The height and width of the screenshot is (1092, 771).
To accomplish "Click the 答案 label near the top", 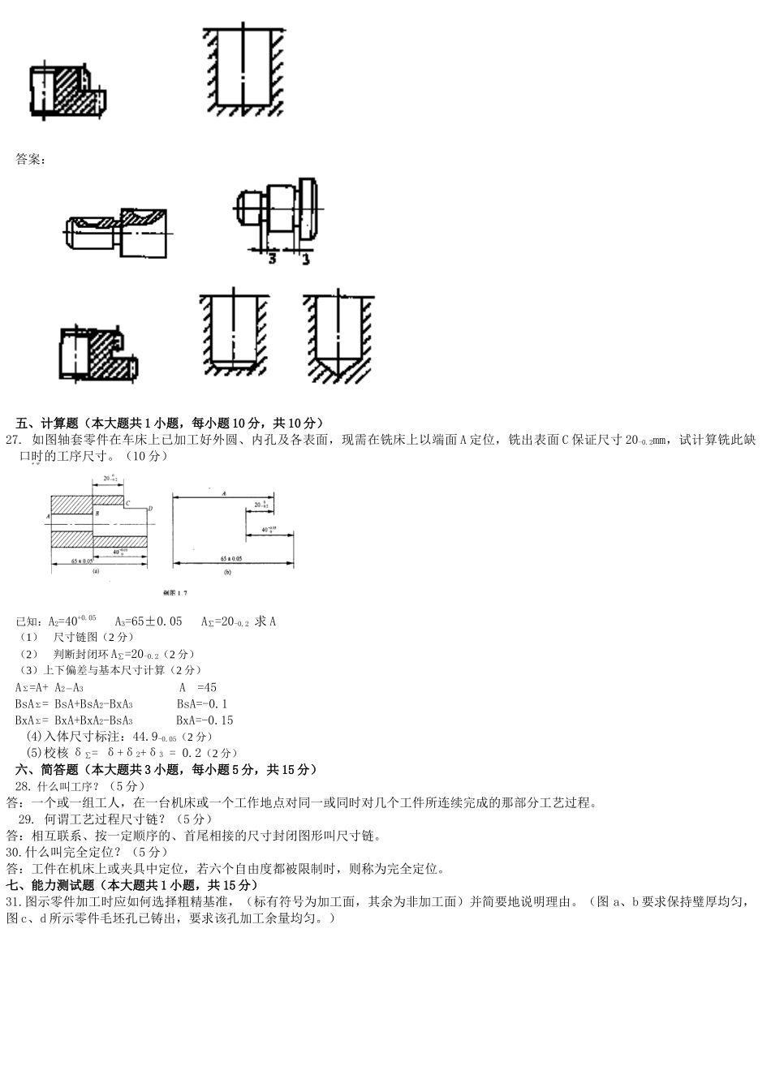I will pyautogui.click(x=30, y=159).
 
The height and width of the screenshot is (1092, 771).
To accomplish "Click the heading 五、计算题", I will pyautogui.click(x=46, y=423).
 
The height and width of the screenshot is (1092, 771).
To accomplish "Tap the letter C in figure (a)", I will pyautogui.click(x=129, y=504).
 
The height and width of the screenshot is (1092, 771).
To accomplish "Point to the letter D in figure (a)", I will pyautogui.click(x=152, y=509).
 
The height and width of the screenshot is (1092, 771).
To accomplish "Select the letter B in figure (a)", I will pyautogui.click(x=97, y=513).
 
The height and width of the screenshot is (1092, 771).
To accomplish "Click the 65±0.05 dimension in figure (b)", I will pyautogui.click(x=231, y=559).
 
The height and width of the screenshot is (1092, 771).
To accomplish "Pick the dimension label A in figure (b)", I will pyautogui.click(x=223, y=492).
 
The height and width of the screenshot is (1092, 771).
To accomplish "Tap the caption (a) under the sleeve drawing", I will pyautogui.click(x=96, y=571).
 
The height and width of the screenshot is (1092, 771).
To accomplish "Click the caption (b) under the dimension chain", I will pyautogui.click(x=227, y=572).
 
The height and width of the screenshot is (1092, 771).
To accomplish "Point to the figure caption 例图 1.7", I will pyautogui.click(x=174, y=593).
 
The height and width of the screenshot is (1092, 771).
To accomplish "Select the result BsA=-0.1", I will pyautogui.click(x=202, y=703).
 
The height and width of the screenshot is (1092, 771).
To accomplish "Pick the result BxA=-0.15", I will pyautogui.click(x=205, y=720).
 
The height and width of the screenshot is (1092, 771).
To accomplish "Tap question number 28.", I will pyautogui.click(x=23, y=786).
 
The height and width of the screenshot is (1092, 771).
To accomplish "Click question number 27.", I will pyautogui.click(x=13, y=440).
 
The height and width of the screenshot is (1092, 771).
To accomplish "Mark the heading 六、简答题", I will pyautogui.click(x=46, y=769).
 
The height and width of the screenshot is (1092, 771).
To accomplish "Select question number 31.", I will pyautogui.click(x=13, y=901).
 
